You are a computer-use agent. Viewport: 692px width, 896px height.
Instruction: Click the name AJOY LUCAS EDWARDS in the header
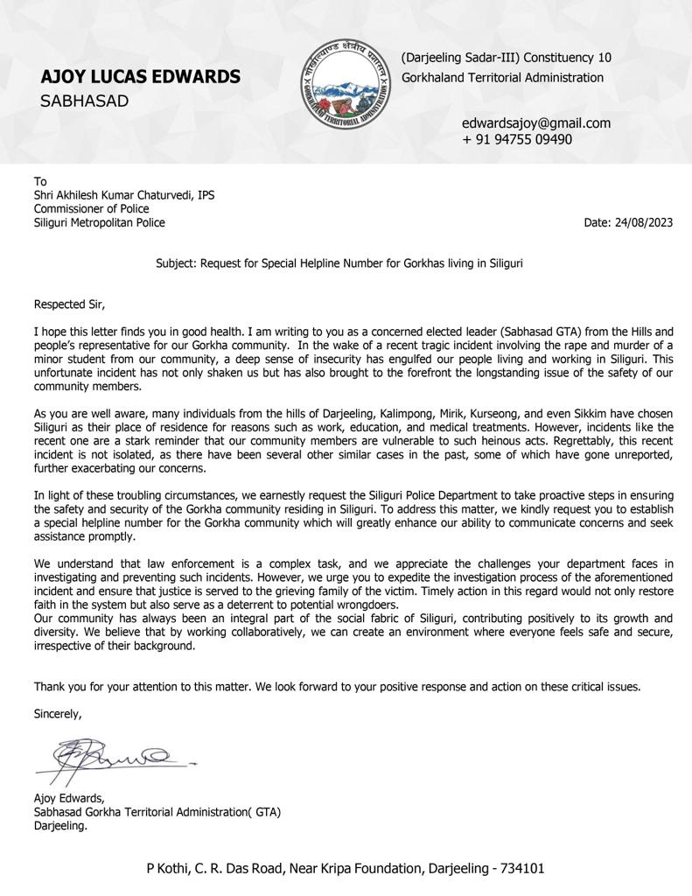(140, 77)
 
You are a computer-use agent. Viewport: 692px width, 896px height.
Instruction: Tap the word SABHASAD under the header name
(84, 101)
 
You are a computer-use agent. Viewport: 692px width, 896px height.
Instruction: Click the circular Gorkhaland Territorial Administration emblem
(343, 84)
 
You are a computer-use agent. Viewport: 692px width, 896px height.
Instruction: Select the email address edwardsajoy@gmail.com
(536, 123)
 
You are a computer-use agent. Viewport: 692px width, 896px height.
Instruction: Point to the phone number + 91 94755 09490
(517, 139)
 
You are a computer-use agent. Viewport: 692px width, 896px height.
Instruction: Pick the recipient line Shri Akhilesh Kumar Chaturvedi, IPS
(123, 195)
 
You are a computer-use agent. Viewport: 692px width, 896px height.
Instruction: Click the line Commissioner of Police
(91, 209)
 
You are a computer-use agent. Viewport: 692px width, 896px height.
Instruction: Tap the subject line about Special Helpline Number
(339, 262)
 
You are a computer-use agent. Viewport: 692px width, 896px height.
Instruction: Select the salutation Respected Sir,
(69, 304)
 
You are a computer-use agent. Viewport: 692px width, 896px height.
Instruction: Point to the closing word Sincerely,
(58, 714)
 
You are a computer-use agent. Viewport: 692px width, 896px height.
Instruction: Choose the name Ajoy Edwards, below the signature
(69, 798)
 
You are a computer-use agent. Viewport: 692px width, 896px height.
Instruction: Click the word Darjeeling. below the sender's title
(60, 825)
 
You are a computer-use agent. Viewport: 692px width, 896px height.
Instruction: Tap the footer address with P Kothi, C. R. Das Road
(345, 869)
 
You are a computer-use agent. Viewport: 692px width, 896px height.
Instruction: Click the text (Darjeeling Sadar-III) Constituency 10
(507, 58)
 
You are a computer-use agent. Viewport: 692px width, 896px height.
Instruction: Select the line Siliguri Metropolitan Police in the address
(99, 223)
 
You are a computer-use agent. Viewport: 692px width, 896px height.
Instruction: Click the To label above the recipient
(40, 182)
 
